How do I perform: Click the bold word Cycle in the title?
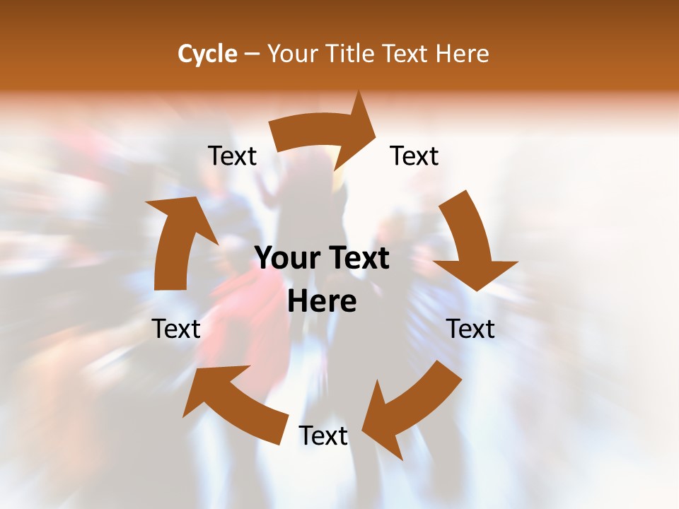coord(207,54)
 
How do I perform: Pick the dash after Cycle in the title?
coord(252,54)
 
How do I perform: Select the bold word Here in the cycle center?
coord(322,302)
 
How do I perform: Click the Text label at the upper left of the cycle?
coord(232,156)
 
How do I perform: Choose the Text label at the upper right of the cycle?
coord(414,156)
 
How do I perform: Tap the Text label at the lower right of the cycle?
coord(470,329)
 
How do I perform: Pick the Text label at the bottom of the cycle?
coord(323,436)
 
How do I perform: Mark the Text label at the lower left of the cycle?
coord(176,329)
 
